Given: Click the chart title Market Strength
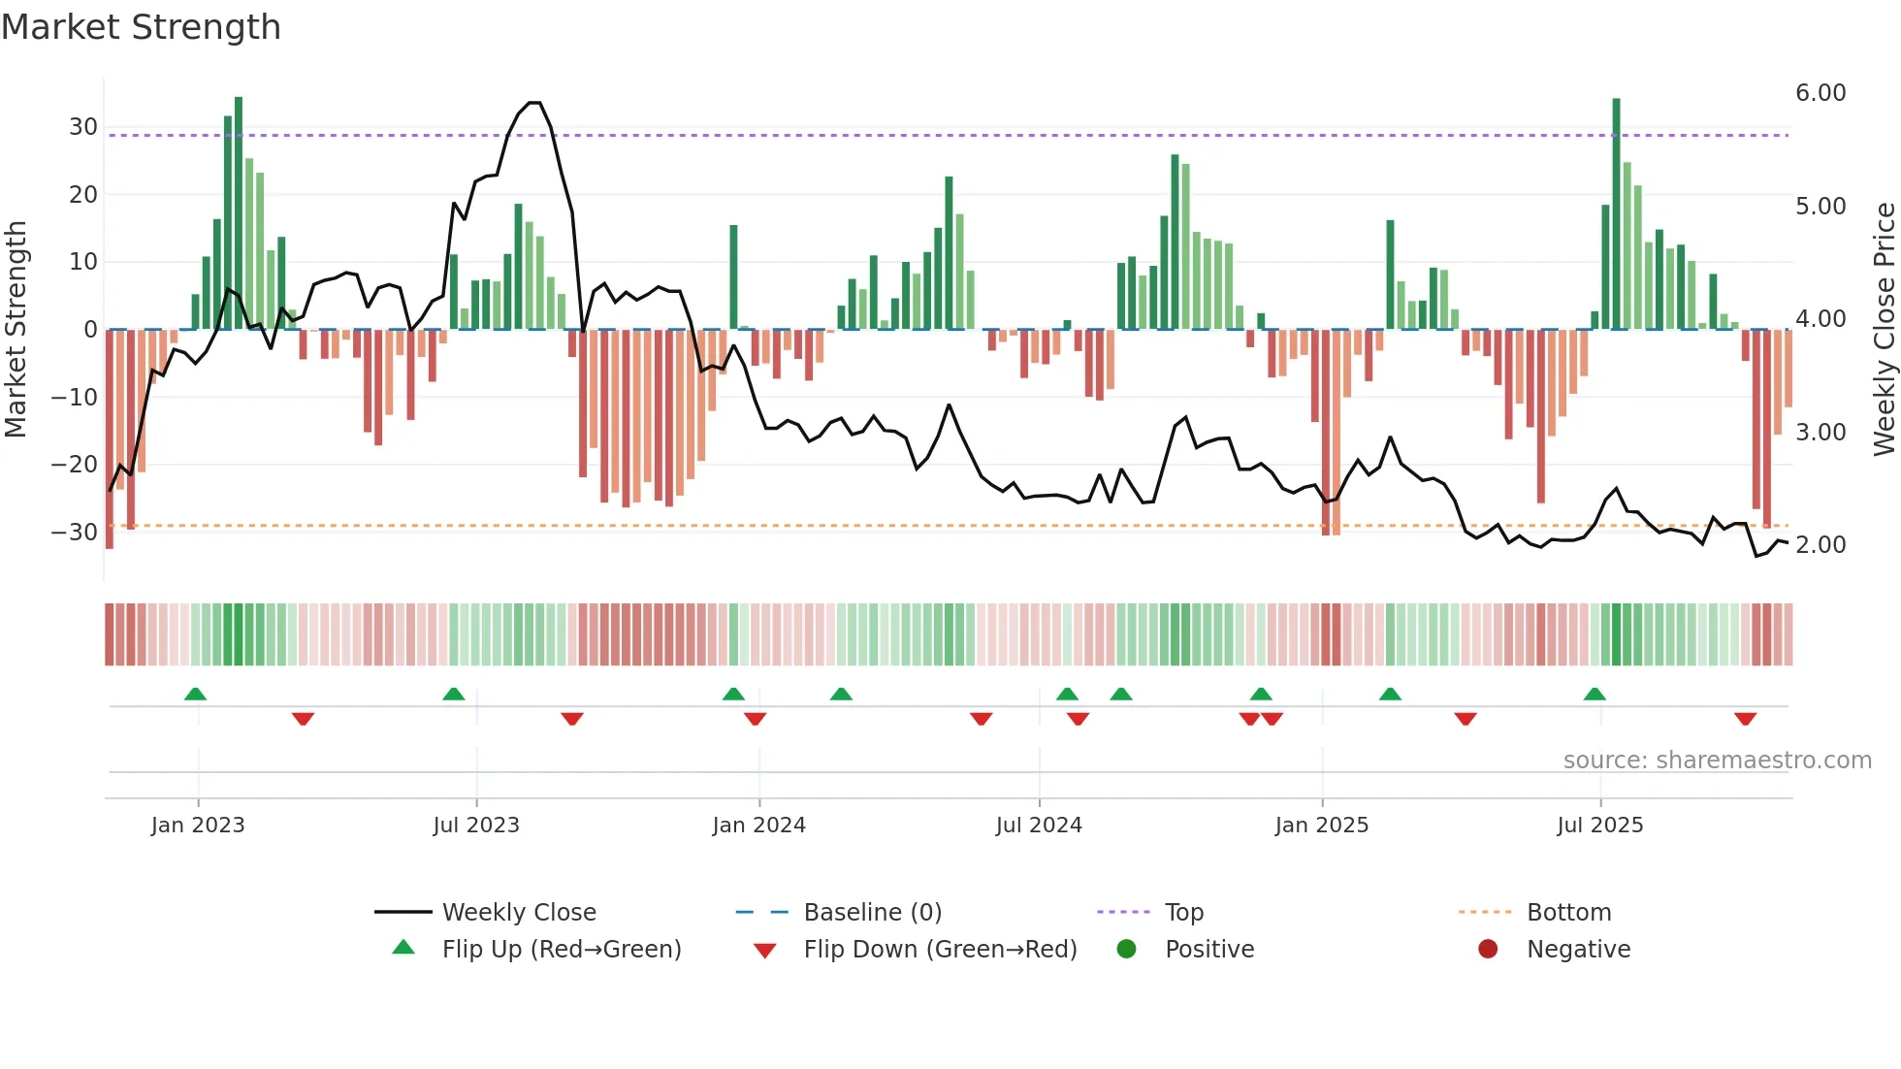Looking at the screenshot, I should pyautogui.click(x=141, y=27).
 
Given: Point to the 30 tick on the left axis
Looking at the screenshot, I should pyautogui.click(x=83, y=127).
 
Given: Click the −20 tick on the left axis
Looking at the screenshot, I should pyautogui.click(x=75, y=465).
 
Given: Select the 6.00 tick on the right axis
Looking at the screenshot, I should pyautogui.click(x=1820, y=93).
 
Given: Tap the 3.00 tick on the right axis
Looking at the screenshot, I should pyautogui.click(x=1820, y=433).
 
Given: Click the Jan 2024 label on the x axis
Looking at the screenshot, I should pyautogui.click(x=758, y=826).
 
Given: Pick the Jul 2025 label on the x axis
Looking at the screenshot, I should pyautogui.click(x=1599, y=826).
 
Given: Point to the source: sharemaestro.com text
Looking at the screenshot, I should pyautogui.click(x=1717, y=761).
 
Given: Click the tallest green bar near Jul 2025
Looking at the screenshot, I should pyautogui.click(x=1616, y=213).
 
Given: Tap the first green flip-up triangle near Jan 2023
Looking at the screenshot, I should pyautogui.click(x=195, y=694).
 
